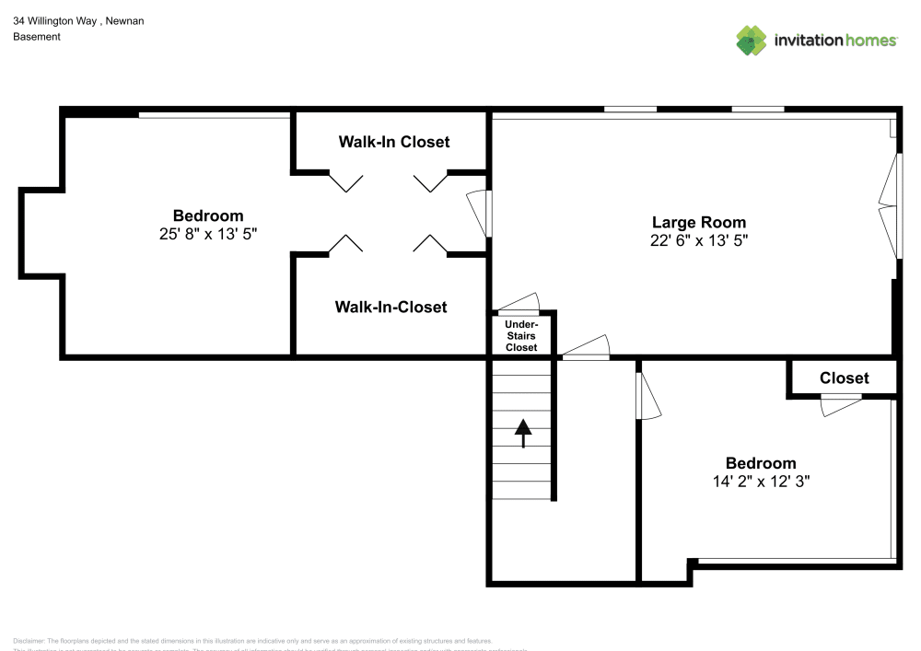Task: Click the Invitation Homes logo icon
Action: click(752, 40)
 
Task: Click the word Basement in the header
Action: click(37, 37)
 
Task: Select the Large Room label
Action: click(698, 222)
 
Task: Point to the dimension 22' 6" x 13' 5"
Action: click(698, 240)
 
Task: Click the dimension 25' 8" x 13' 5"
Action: click(207, 234)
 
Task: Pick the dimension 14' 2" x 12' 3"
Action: click(760, 481)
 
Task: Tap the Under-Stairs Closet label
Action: click(521, 336)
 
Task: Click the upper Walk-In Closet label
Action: click(393, 142)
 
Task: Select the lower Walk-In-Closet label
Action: click(391, 307)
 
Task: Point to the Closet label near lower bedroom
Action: click(844, 378)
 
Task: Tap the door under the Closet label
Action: click(840, 404)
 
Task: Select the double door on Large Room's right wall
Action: click(888, 206)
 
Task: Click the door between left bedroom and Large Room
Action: click(479, 214)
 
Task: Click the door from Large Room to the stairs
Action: click(586, 348)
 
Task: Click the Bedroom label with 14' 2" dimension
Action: click(760, 463)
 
